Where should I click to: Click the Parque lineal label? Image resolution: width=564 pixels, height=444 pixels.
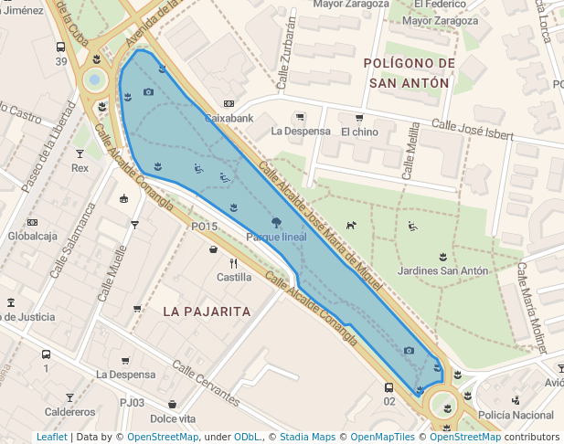(x=276, y=238)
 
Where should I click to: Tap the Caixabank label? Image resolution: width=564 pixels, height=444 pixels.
(x=228, y=119)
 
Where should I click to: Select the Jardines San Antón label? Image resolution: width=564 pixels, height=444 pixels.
(x=443, y=270)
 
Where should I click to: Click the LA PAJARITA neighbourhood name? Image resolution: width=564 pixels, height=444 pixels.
(x=207, y=312)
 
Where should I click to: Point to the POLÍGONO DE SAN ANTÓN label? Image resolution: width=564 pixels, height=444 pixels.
(x=409, y=72)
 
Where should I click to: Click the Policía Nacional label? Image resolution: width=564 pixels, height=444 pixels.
(x=516, y=416)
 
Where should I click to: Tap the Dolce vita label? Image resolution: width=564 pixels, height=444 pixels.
(x=173, y=418)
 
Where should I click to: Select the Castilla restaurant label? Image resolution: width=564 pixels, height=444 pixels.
(x=234, y=277)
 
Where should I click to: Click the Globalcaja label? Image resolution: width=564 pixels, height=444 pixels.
(x=33, y=236)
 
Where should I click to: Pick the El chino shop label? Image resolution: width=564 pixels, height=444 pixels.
(x=359, y=132)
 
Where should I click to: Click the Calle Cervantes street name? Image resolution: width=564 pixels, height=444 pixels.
(x=206, y=386)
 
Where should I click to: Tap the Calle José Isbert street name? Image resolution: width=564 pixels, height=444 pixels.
(x=473, y=132)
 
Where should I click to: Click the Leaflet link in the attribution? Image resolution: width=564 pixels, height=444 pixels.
(x=51, y=437)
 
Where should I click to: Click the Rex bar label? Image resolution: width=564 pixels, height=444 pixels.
(x=80, y=168)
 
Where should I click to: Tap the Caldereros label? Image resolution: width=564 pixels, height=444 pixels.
(x=69, y=412)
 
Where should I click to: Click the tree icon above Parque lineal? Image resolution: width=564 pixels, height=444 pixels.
(x=276, y=222)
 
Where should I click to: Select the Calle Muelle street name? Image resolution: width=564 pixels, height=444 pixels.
(x=113, y=263)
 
